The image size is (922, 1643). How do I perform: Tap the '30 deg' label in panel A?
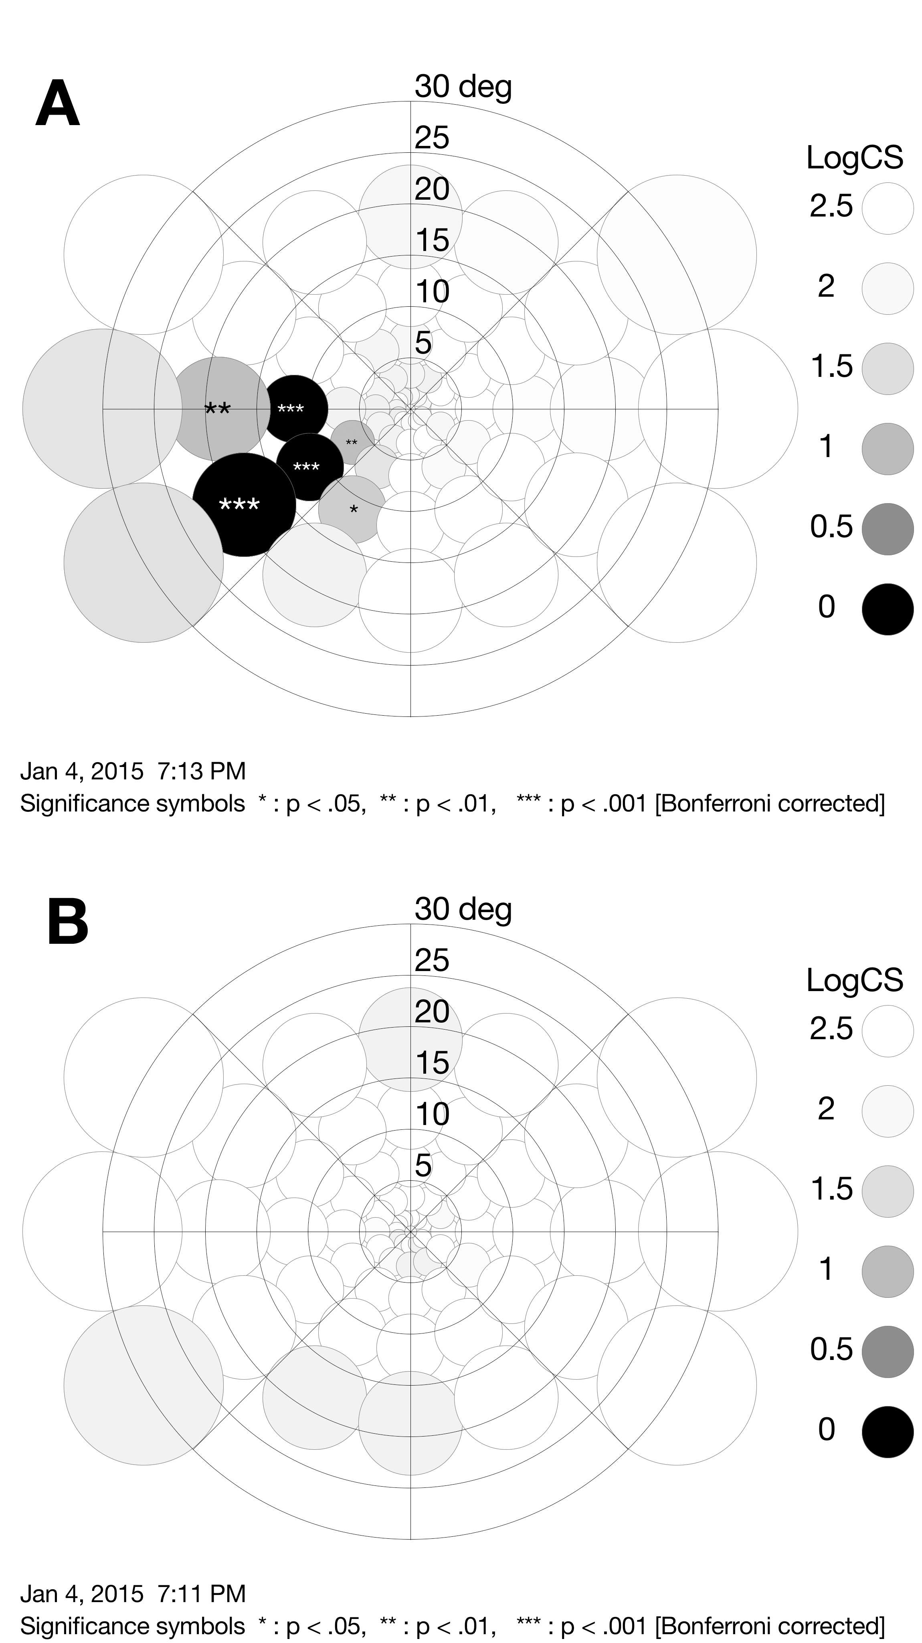click(x=463, y=86)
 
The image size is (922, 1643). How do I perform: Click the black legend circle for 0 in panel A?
click(x=888, y=609)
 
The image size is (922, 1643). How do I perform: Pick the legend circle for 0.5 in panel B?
click(x=888, y=1352)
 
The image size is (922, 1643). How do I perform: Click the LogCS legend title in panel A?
click(x=854, y=158)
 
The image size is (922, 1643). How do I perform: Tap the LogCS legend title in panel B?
click(x=854, y=980)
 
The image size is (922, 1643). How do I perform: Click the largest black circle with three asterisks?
click(x=244, y=504)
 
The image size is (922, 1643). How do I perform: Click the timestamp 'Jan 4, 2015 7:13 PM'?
click(x=133, y=771)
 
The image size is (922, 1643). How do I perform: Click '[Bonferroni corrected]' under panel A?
click(x=770, y=803)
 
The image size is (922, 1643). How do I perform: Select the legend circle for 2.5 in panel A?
click(x=888, y=208)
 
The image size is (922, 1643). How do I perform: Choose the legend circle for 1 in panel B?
click(x=888, y=1271)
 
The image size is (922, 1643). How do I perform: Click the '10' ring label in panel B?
click(x=432, y=1114)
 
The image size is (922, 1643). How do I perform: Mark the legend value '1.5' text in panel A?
click(x=831, y=367)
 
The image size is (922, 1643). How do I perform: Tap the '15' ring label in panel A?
click(x=432, y=241)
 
